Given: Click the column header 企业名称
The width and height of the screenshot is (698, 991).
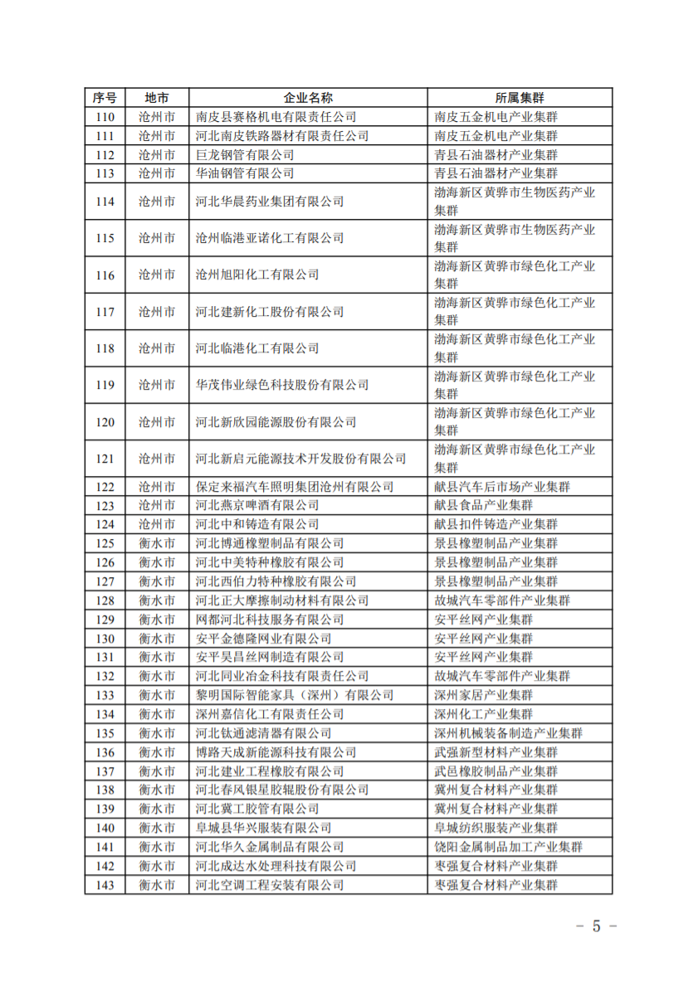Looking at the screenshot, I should click(308, 98).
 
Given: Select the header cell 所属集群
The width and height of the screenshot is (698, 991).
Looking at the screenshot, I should click(520, 98).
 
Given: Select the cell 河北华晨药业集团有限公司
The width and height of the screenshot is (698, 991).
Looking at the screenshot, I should click(270, 202).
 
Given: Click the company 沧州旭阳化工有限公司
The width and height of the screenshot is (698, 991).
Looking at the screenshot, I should click(257, 274).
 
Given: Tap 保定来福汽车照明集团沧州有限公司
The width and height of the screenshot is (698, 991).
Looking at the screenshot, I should click(295, 487).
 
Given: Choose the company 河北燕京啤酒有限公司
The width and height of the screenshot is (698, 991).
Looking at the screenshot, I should click(257, 505).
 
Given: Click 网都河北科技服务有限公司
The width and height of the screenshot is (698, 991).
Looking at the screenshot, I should click(270, 619).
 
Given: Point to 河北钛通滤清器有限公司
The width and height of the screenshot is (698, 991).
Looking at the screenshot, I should click(263, 733).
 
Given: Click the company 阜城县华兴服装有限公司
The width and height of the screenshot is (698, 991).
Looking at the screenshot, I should click(263, 828).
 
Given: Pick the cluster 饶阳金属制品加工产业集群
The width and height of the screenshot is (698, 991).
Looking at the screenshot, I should click(509, 847).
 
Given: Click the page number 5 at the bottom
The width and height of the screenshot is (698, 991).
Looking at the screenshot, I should click(596, 926).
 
